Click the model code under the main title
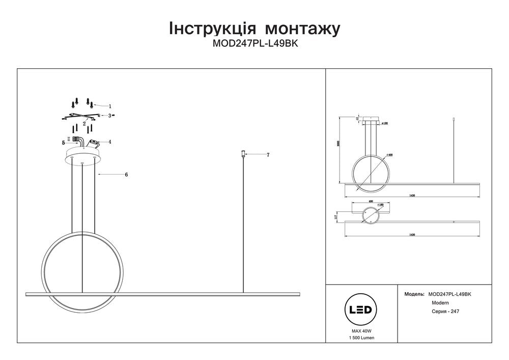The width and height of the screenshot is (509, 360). (254, 44)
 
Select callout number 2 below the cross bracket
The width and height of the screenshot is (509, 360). (84, 123)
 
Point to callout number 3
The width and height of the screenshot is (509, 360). (109, 116)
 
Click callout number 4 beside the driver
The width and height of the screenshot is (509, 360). (109, 142)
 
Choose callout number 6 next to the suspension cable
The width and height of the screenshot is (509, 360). (126, 175)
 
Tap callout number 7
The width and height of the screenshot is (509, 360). (268, 154)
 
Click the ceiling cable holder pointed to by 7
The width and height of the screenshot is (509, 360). (244, 153)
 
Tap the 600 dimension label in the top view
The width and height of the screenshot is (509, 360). (371, 202)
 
